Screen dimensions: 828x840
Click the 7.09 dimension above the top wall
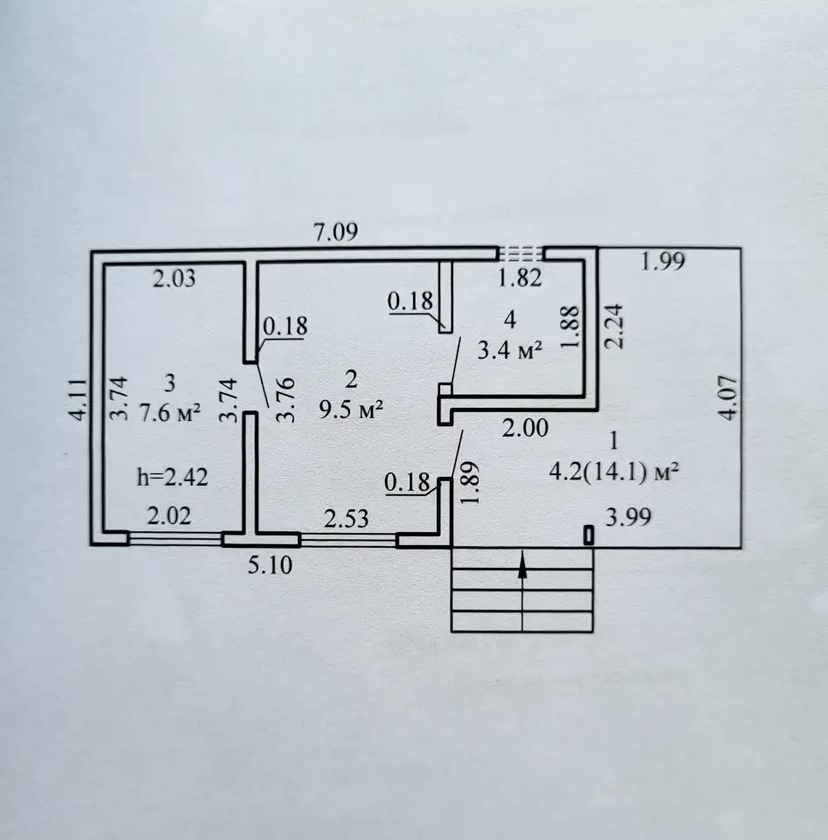point(335,233)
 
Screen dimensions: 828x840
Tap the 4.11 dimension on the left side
point(78,399)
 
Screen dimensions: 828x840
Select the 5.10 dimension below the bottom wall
point(270,565)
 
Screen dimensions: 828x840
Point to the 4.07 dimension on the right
point(731,398)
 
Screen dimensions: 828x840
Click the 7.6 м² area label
point(170,413)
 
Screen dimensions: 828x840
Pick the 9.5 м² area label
point(351,410)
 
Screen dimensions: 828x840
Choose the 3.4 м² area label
point(509,351)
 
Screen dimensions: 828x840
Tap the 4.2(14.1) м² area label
point(614,472)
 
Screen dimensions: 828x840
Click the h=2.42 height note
point(172,477)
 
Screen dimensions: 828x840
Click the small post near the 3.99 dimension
point(588,535)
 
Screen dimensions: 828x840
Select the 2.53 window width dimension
point(347,519)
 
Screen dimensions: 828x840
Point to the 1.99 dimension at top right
point(663,261)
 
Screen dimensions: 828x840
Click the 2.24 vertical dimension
point(614,326)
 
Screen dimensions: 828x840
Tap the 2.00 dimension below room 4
point(525,429)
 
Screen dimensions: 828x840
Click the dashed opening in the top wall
point(520,253)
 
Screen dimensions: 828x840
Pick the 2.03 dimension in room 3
point(174,278)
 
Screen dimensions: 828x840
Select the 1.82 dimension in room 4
point(520,278)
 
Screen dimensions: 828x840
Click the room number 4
point(509,320)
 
